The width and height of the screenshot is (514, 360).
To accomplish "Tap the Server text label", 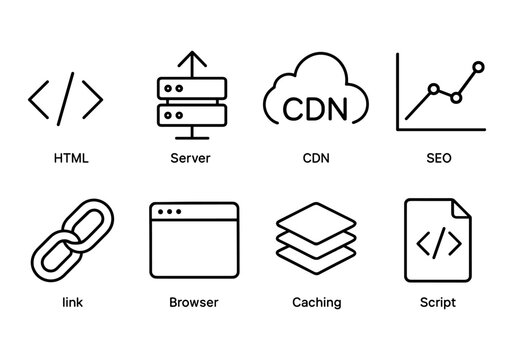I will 191,158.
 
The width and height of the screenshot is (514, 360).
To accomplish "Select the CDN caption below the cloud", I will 316,158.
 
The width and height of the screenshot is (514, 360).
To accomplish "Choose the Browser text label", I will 194,302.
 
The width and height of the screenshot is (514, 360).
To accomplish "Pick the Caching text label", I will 316,302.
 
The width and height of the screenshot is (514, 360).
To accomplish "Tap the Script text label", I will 439,302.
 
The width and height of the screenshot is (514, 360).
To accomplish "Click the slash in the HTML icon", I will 66,98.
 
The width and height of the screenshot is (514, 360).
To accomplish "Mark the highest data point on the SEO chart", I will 478,66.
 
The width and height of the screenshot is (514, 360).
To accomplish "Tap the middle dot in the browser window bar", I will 168,212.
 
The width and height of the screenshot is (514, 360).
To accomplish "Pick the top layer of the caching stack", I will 315,217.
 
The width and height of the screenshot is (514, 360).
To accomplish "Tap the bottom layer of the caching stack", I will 315,261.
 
